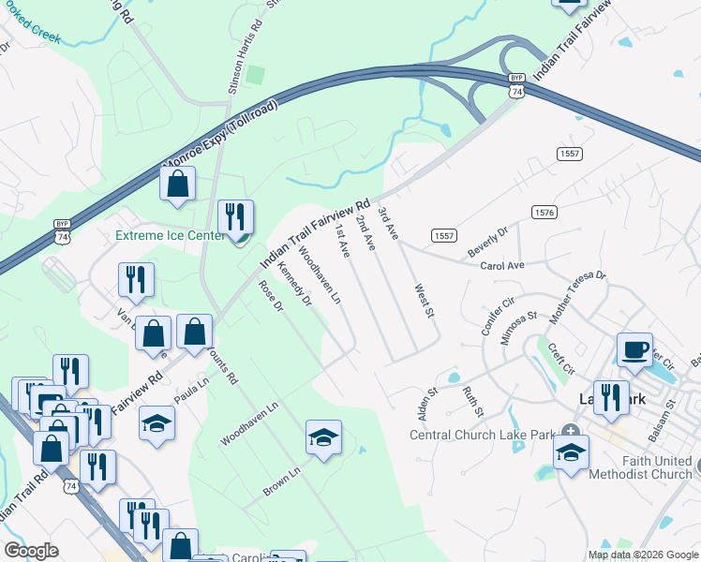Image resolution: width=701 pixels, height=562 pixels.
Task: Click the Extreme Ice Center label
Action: click(170, 236)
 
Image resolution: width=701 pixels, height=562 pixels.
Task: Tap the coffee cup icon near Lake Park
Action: click(634, 349)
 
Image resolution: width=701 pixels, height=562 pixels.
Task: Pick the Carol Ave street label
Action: click(501, 265)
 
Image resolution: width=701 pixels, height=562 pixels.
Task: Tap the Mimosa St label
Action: click(517, 330)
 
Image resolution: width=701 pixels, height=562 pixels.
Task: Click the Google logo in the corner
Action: click(30, 551)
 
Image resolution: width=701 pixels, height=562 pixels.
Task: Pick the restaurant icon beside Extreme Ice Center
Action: click(235, 217)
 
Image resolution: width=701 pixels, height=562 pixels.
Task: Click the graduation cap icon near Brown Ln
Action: click(323, 437)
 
